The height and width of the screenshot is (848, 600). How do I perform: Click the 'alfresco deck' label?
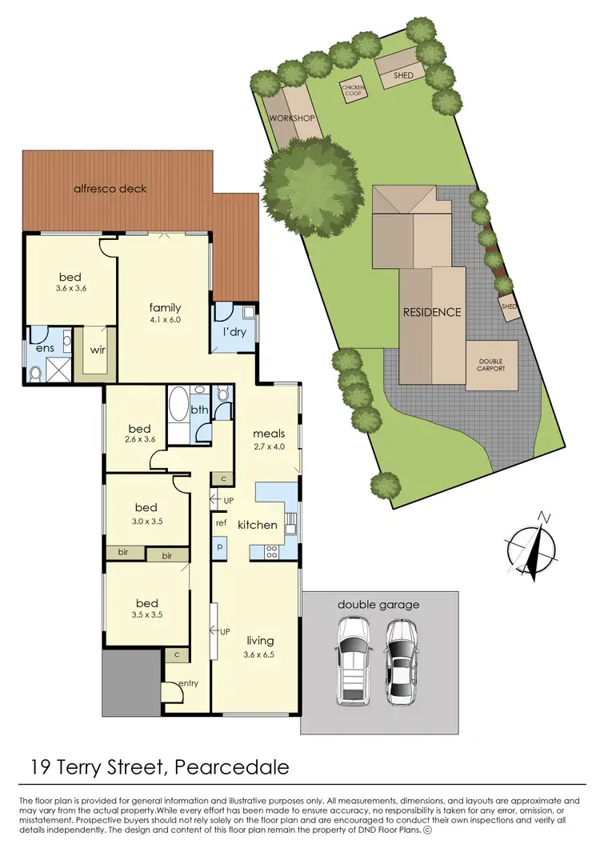[x=110, y=189]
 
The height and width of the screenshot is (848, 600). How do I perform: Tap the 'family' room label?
[x=165, y=307]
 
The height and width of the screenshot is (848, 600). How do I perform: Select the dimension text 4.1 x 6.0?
[x=165, y=320]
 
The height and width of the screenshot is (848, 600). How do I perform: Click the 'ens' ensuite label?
[x=42, y=349]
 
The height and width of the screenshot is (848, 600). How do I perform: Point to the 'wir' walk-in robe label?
[x=98, y=350]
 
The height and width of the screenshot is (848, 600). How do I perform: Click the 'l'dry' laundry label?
[x=234, y=332]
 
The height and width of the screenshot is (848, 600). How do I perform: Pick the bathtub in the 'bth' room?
[x=178, y=406]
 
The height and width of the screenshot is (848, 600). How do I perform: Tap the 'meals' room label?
[x=269, y=434]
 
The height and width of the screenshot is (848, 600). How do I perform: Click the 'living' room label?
[x=260, y=640]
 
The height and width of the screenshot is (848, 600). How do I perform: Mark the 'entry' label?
[x=188, y=683]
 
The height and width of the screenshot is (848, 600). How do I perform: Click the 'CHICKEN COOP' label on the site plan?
[x=353, y=89]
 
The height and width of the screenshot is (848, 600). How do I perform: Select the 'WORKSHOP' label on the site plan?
[x=293, y=118]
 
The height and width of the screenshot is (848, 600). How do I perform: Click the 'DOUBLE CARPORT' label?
[x=491, y=366]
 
